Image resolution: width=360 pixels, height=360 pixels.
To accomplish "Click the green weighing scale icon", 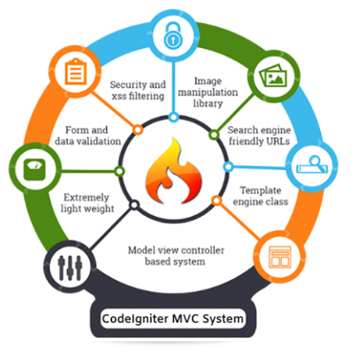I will (31, 170).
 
